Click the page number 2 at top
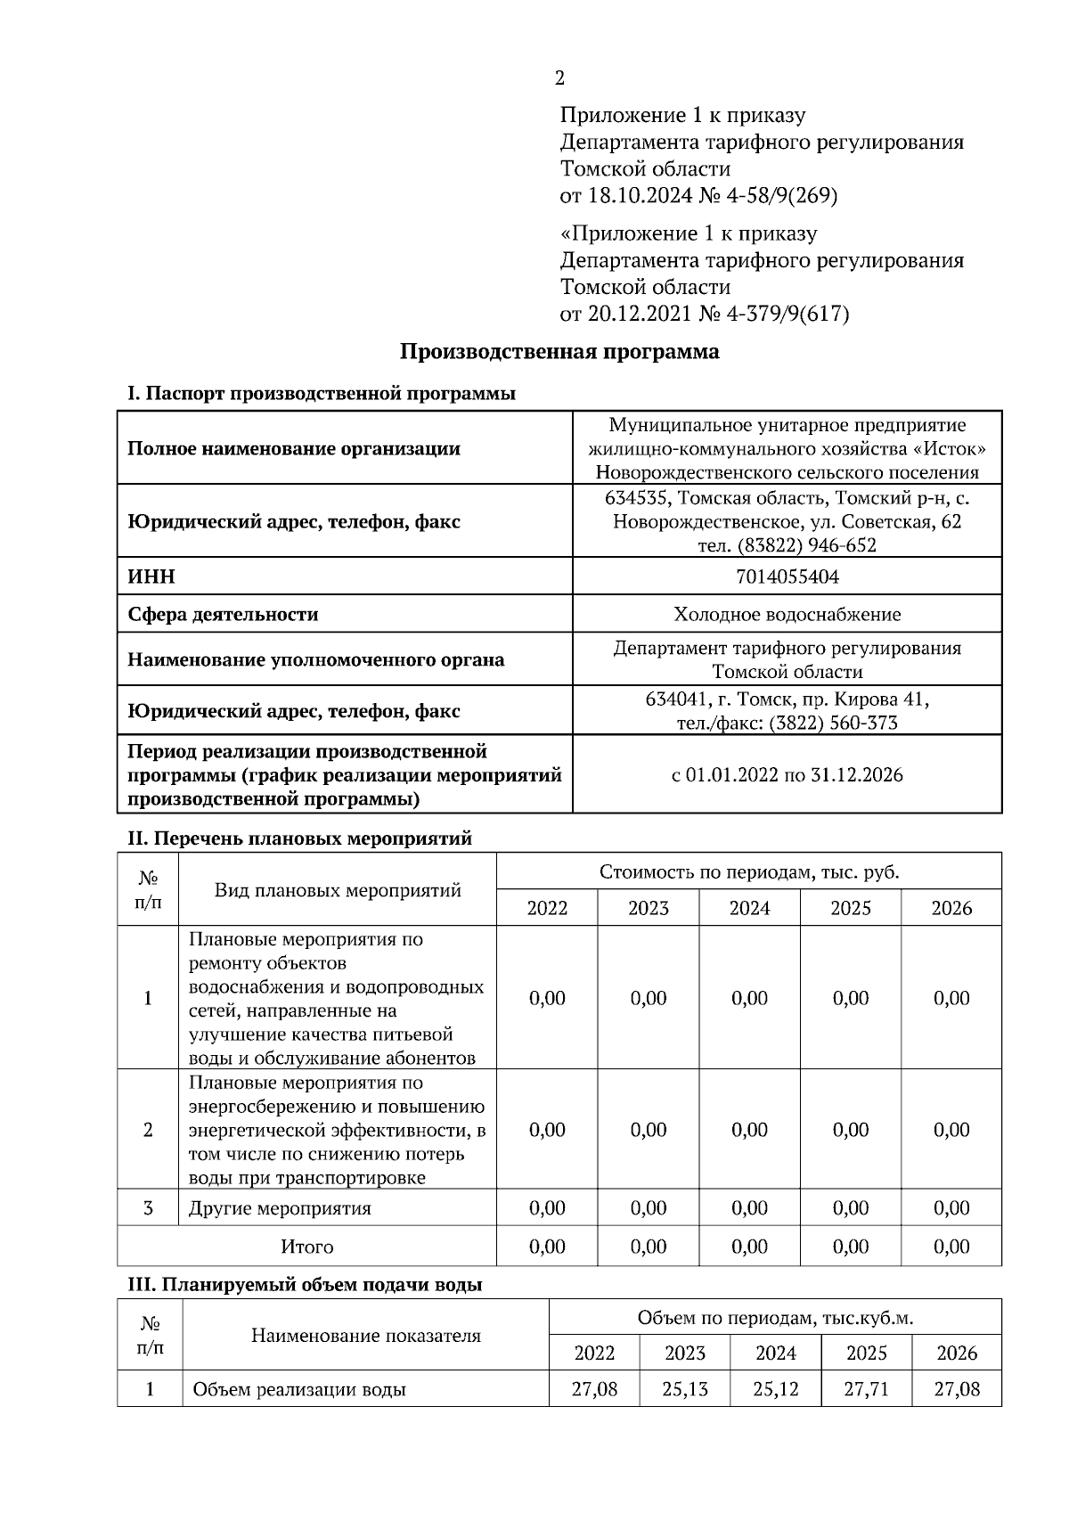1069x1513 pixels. (559, 78)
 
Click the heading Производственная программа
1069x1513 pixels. (559, 351)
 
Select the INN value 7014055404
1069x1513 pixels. (787, 577)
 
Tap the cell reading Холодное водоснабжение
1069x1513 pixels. (787, 614)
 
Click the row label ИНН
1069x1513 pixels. (151, 577)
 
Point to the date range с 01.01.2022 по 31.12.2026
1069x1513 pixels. (787, 774)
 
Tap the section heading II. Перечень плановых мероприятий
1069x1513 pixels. (299, 838)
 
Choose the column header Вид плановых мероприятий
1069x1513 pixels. (338, 889)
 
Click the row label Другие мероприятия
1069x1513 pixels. (280, 1208)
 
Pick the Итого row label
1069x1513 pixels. (306, 1247)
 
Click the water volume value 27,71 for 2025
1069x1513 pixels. (866, 1389)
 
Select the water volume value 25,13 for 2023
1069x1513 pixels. (684, 1389)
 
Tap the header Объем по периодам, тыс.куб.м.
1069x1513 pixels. (774, 1318)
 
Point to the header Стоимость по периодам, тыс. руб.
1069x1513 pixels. (748, 871)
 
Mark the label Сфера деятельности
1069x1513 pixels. (223, 614)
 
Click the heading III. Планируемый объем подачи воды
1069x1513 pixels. (305, 1285)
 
